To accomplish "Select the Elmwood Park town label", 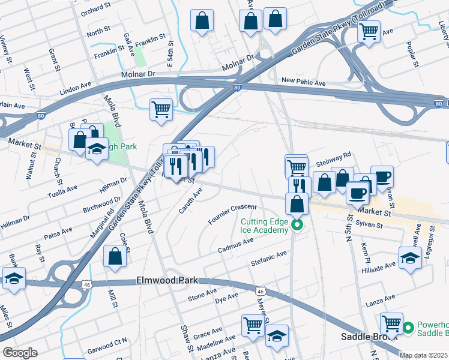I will tap(166, 280).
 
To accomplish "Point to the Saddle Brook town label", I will tap(367, 337).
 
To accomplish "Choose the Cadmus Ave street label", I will tap(235, 245).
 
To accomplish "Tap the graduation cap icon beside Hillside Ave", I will tap(409, 259).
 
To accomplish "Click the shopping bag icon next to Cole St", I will tap(115, 256).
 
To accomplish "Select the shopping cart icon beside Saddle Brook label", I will tap(391, 324).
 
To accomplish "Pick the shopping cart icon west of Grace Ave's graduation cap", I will tap(253, 326).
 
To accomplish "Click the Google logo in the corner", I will tap(20, 353).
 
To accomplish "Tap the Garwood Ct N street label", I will tap(107, 341).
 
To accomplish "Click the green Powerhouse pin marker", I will tap(408, 328).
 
